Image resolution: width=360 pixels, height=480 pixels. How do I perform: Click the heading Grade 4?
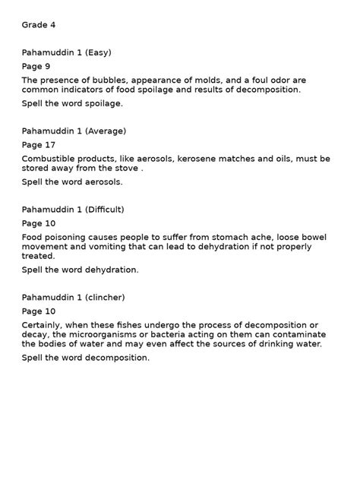(x=39, y=25)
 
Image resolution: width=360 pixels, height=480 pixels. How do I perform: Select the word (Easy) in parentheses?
(x=98, y=52)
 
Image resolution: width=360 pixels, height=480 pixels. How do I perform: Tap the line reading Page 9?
(x=36, y=66)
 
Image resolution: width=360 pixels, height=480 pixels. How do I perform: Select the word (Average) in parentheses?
(x=106, y=131)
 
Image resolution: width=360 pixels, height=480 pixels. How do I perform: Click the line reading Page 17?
(x=39, y=144)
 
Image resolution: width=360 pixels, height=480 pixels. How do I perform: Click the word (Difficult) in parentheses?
(x=105, y=210)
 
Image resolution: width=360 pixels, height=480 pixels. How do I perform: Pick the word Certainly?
(x=45, y=324)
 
